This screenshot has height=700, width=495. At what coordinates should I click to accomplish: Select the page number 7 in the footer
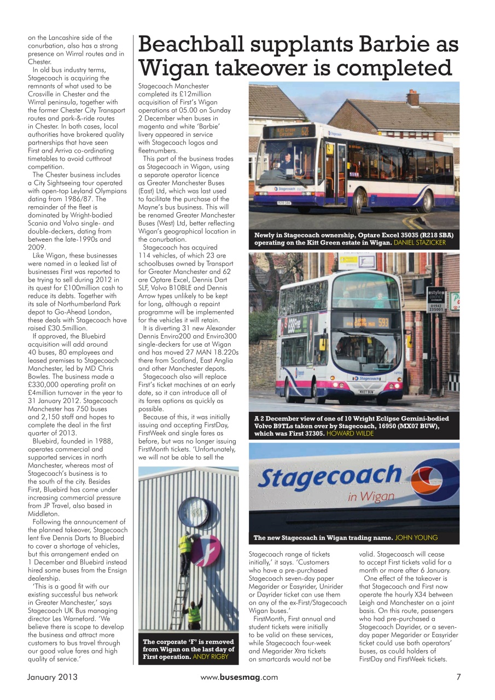[458, 677]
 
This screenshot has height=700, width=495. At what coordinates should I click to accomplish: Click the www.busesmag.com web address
[239, 677]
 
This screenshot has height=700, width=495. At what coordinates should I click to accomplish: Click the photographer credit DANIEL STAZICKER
[420, 243]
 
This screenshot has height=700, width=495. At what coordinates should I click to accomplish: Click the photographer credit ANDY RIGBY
[213, 656]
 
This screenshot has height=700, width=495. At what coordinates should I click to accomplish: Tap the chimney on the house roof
[413, 97]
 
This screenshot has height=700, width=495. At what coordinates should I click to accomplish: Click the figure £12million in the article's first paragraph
[190, 94]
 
